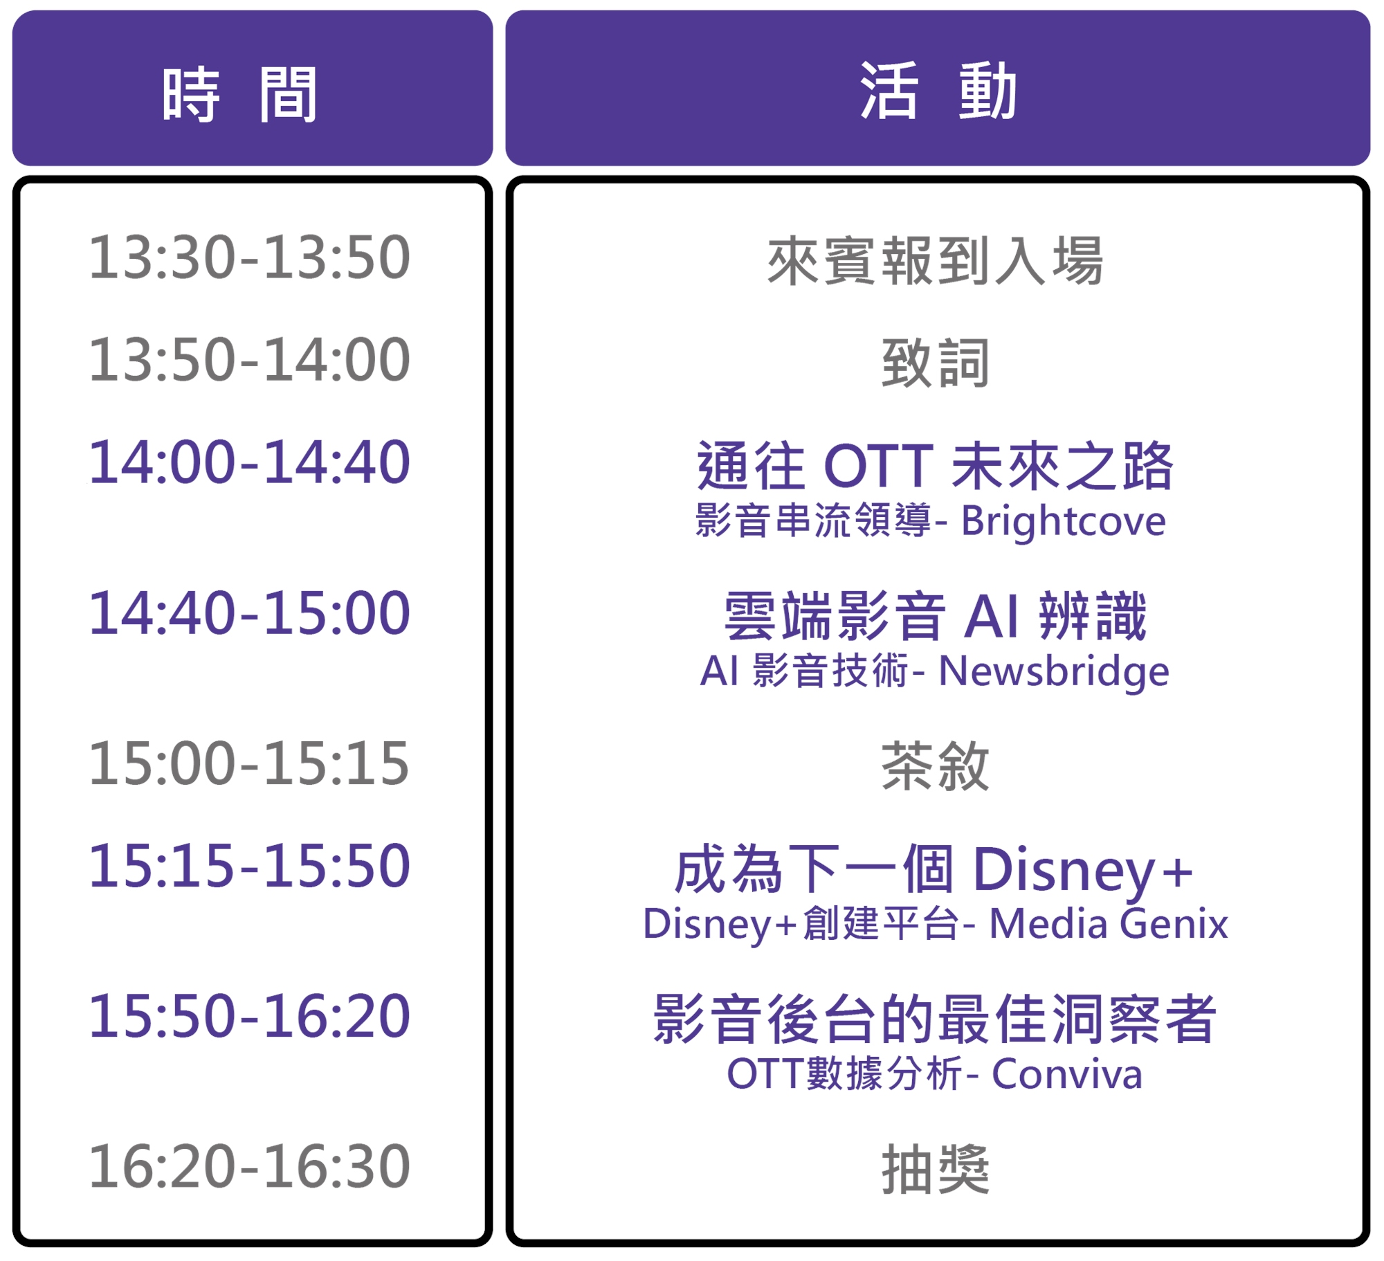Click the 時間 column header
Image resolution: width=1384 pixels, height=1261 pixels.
click(x=239, y=95)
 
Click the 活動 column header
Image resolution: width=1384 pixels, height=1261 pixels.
click(x=938, y=91)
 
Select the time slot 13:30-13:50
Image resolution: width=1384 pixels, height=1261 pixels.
click(x=249, y=257)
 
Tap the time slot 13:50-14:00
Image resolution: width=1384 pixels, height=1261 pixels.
click(x=249, y=360)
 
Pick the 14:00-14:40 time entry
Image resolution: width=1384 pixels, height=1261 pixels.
click(x=249, y=462)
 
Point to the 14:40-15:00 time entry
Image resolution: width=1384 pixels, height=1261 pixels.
click(x=249, y=613)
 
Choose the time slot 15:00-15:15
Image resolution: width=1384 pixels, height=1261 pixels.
click(x=249, y=763)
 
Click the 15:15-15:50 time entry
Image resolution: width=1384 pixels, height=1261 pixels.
click(x=249, y=866)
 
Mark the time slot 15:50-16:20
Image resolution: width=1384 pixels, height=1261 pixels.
click(x=249, y=1016)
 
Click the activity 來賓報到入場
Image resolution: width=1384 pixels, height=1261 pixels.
click(x=935, y=261)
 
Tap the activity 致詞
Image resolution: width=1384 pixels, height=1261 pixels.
click(x=935, y=363)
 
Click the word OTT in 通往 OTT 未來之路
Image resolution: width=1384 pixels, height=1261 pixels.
click(x=879, y=466)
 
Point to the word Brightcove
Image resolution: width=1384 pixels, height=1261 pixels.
click(x=1064, y=522)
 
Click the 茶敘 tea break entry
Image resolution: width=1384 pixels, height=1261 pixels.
click(x=935, y=766)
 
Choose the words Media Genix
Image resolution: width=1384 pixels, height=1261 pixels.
click(x=1109, y=924)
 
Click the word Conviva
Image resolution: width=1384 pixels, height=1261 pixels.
click(x=1067, y=1075)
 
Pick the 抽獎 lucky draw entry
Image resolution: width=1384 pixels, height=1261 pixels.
click(x=935, y=1170)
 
